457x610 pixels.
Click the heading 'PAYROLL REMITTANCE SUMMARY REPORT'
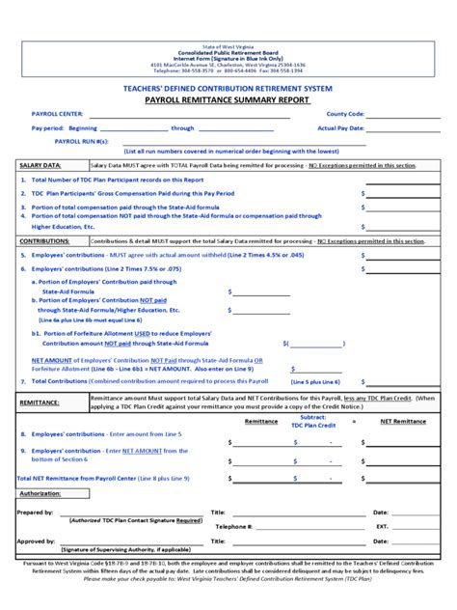click(x=228, y=99)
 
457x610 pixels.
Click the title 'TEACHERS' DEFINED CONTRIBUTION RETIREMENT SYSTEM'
click(x=228, y=88)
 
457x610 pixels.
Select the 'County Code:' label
click(x=344, y=114)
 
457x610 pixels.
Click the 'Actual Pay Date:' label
click(x=340, y=127)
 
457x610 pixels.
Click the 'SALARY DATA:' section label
click(x=40, y=165)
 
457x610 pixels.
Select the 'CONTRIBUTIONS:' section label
click(x=44, y=240)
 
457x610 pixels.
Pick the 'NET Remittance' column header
click(x=402, y=422)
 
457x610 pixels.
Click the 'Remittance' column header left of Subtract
click(x=261, y=422)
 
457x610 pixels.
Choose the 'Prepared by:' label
click(x=36, y=513)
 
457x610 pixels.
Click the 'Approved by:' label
click(x=36, y=541)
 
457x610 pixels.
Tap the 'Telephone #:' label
click(x=235, y=527)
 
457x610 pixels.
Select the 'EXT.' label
click(x=382, y=527)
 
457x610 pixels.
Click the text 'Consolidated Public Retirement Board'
click(x=228, y=52)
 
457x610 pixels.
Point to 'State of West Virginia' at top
click(x=228, y=45)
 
